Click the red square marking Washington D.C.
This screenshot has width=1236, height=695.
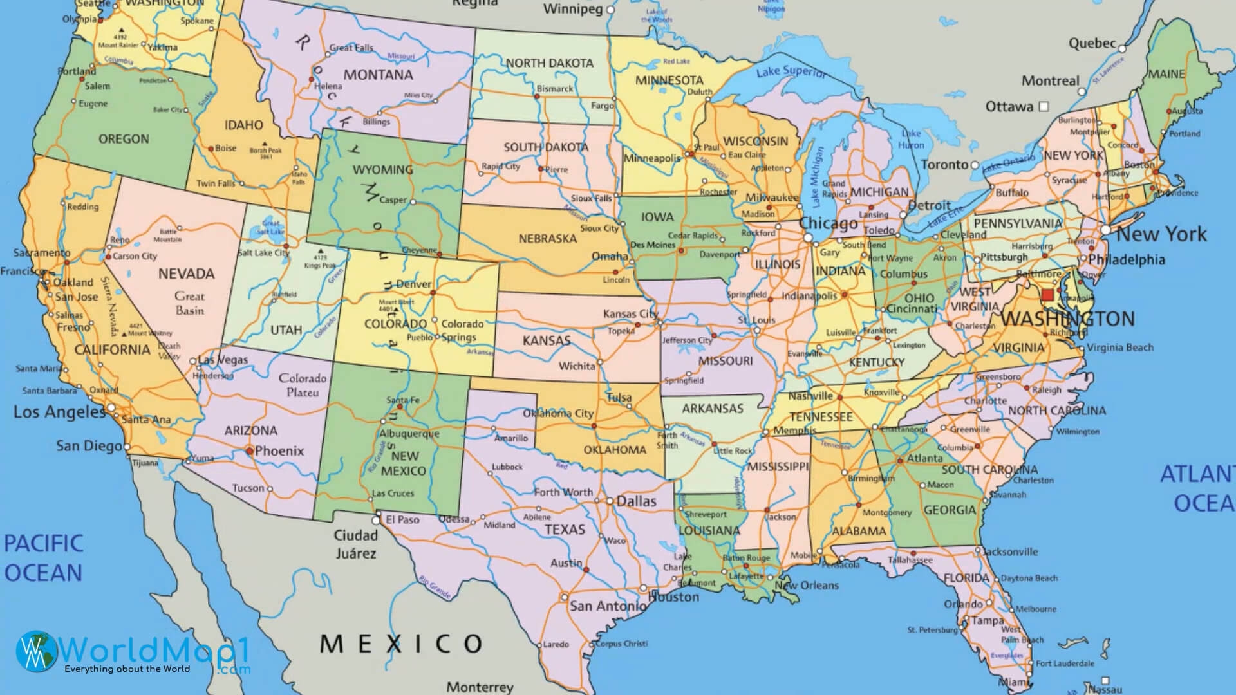1047,295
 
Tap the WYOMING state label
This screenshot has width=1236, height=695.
382,170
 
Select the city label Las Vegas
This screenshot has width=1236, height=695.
223,360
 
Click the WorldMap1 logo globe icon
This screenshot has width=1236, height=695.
36,649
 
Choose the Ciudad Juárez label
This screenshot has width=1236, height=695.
355,544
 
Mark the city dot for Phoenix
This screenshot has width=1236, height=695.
249,451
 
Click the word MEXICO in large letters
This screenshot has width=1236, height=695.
401,643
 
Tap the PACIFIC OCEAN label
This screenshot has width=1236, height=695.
43,558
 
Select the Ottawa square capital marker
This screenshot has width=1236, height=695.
1044,106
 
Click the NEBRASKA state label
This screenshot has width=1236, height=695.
547,239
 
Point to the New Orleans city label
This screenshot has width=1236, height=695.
807,586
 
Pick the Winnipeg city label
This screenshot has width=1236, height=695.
573,9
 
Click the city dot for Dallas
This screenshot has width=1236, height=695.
610,501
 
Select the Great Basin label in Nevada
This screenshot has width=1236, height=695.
189,303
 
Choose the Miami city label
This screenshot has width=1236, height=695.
1013,682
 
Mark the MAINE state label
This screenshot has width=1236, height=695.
1166,74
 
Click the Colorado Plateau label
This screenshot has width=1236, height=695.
303,385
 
